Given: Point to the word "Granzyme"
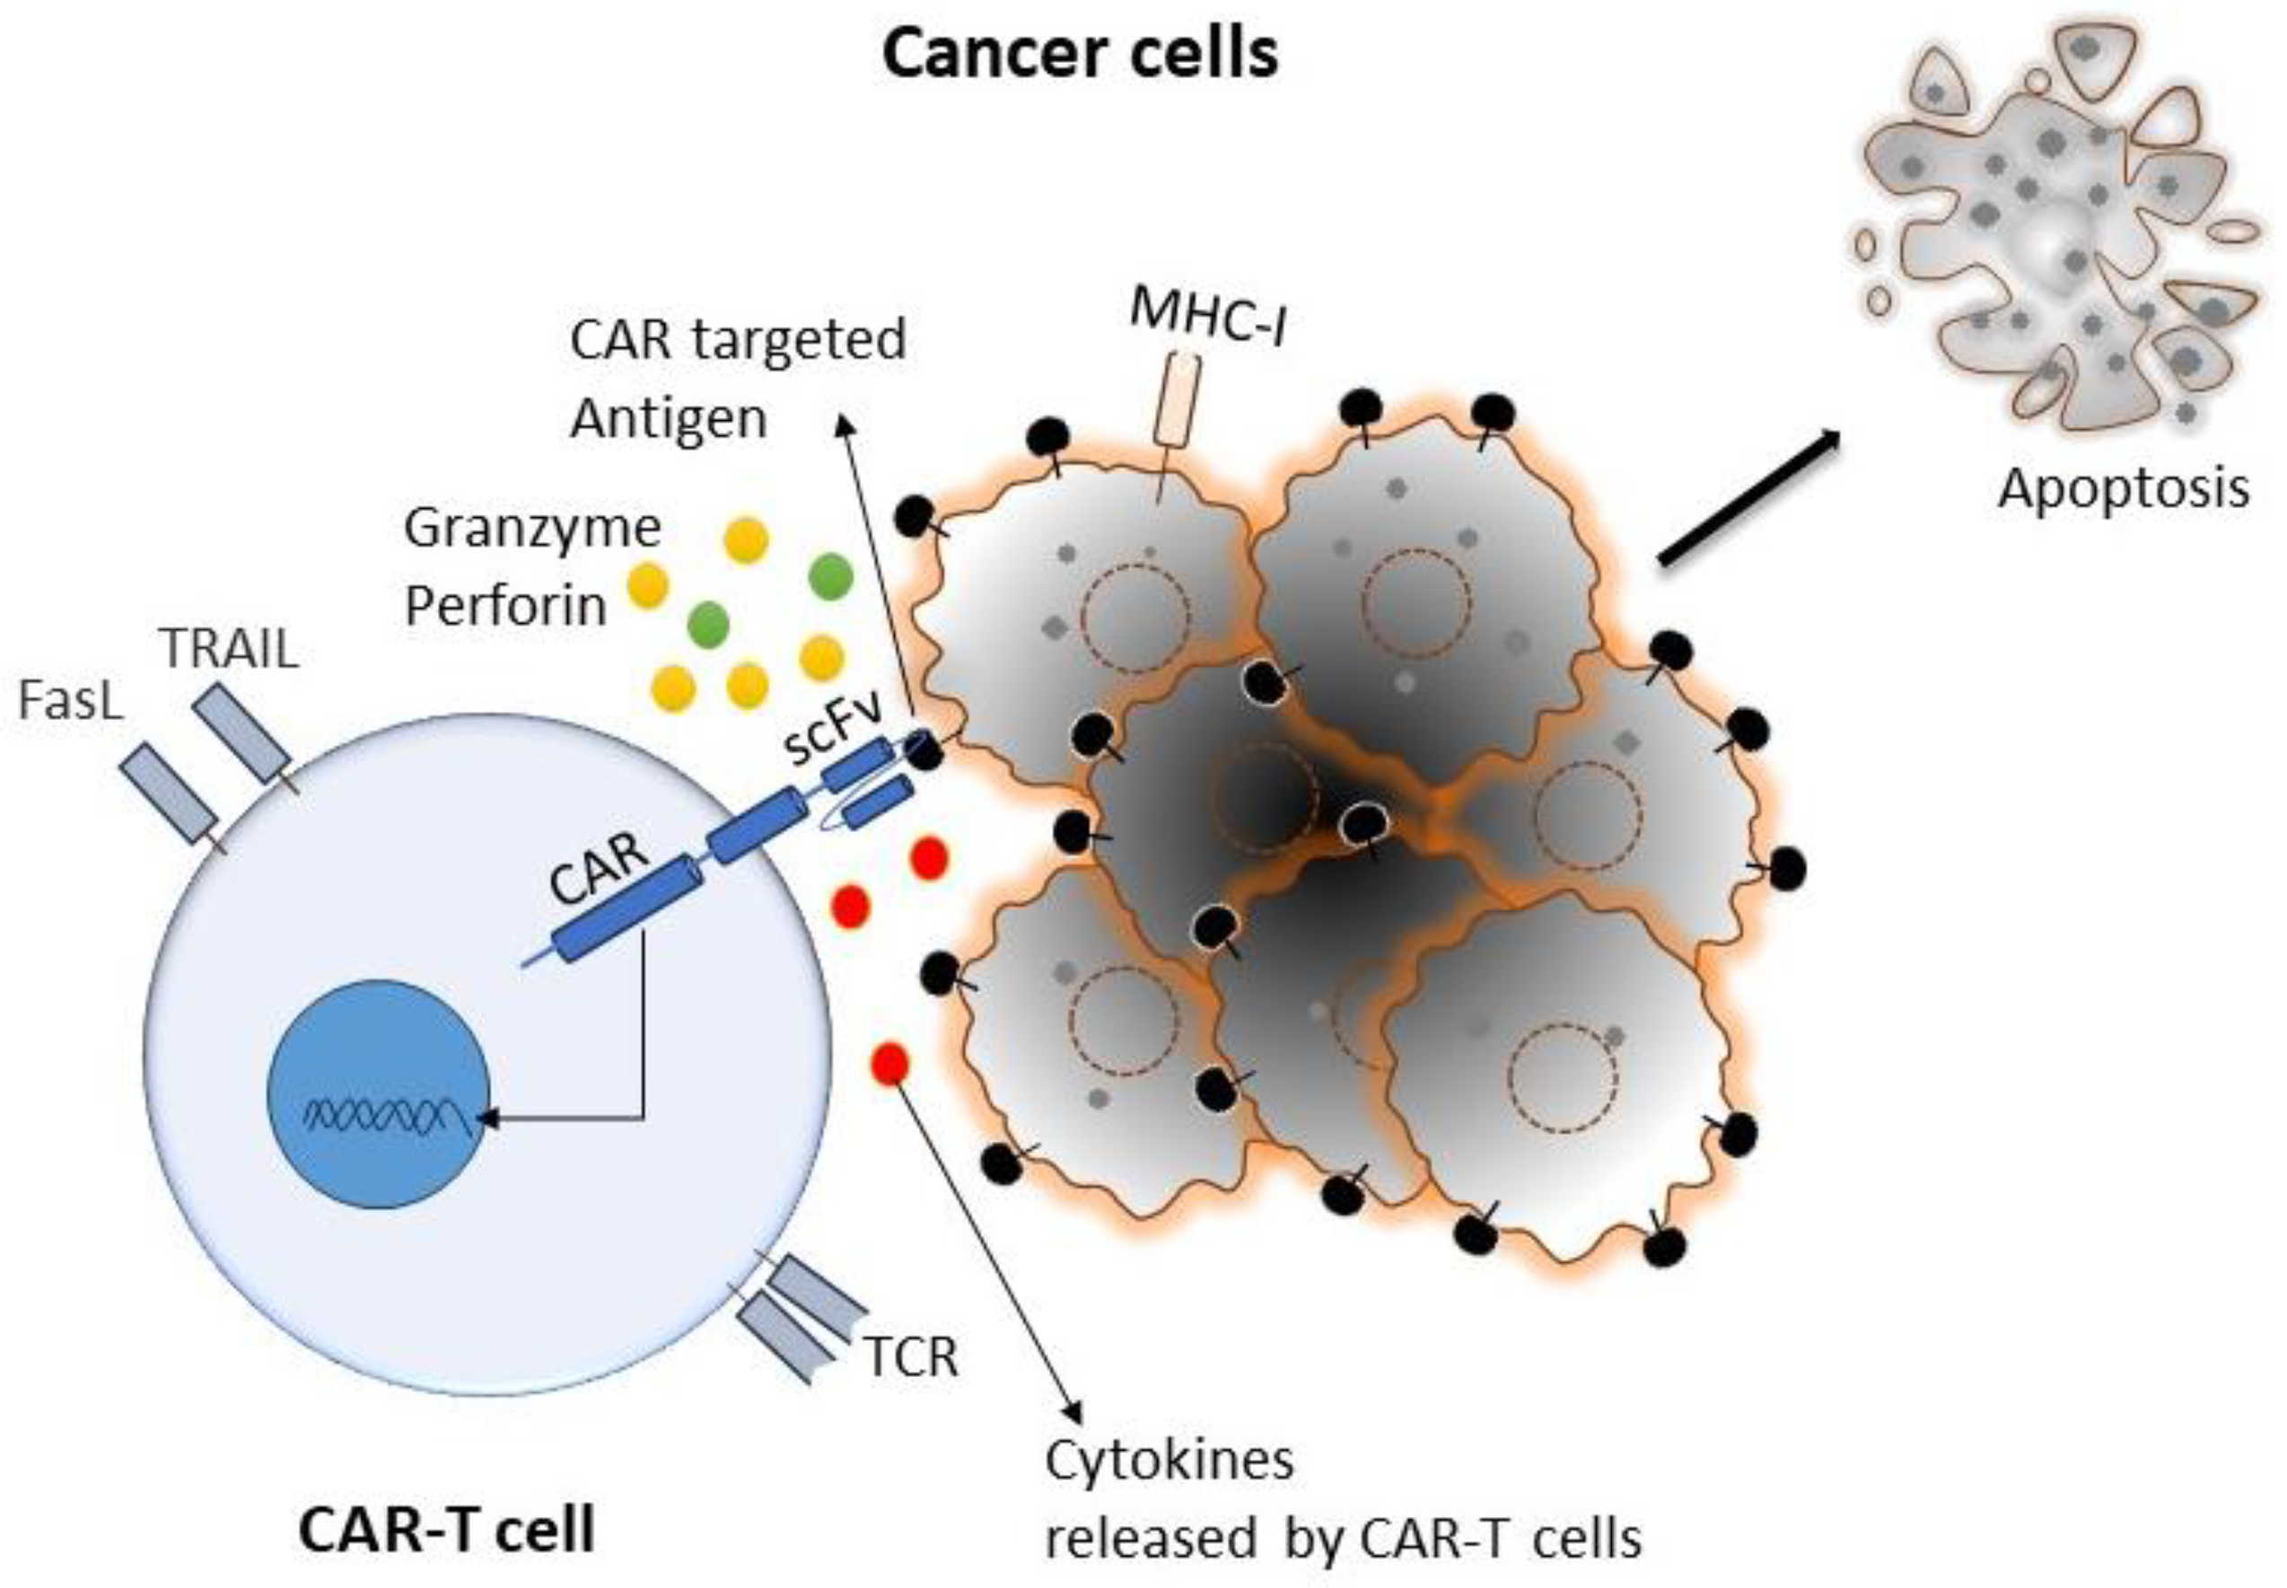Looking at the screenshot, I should tap(532, 529).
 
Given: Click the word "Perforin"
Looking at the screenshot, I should tap(505, 605).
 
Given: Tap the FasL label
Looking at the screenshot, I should tap(71, 700).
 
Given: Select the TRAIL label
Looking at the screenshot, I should tap(230, 650).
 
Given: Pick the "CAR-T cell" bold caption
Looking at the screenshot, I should tap(447, 1530).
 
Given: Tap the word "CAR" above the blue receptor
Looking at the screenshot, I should tap(599, 869).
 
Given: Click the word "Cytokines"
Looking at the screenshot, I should tap(1169, 1461).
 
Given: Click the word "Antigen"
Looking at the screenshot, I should tap(669, 419).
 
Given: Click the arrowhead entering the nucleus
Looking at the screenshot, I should tap(487, 1119).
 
